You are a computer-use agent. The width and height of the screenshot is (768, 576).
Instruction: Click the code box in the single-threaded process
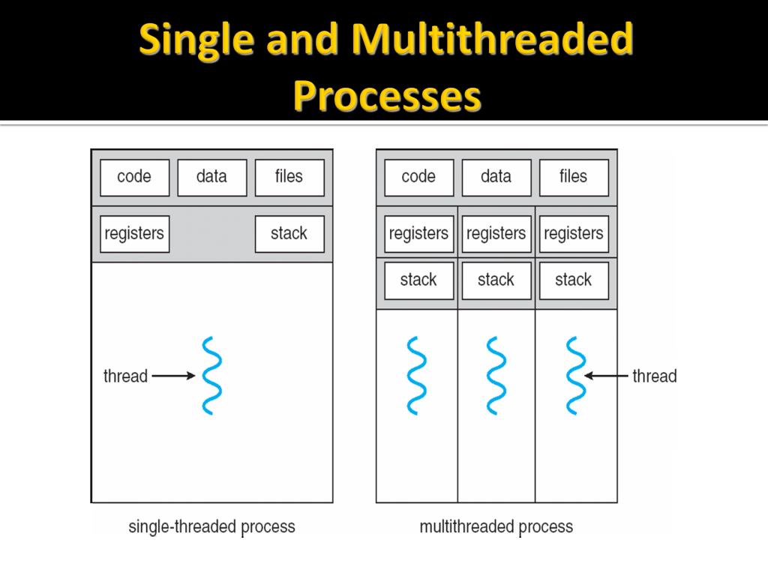click(134, 177)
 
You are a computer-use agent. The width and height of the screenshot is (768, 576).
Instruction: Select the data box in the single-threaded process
click(211, 177)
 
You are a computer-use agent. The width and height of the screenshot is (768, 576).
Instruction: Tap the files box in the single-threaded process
click(289, 177)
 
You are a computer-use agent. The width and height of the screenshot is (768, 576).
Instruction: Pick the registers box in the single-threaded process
click(134, 234)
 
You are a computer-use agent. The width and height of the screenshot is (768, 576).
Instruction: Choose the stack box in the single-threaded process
click(289, 234)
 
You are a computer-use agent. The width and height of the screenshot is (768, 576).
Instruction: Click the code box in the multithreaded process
click(418, 177)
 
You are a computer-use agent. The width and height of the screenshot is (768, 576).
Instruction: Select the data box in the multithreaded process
click(496, 177)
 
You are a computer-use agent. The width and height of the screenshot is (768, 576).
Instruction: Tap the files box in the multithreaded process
click(573, 177)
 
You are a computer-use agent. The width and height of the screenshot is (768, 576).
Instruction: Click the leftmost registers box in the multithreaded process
click(418, 234)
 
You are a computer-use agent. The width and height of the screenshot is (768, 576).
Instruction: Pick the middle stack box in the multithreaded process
click(496, 280)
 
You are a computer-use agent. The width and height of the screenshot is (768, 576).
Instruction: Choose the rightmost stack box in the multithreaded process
click(573, 280)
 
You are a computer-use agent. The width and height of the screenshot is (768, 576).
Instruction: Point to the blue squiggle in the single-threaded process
click(211, 376)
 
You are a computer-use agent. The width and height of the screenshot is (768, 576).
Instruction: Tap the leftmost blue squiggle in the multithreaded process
click(416, 376)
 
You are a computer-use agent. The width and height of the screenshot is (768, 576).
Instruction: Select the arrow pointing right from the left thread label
click(173, 376)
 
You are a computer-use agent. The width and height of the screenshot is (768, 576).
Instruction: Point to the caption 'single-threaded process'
click(211, 526)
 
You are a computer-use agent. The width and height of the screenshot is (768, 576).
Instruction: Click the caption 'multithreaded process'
click(496, 526)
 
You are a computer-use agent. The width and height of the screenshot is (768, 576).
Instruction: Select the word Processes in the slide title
click(386, 96)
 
